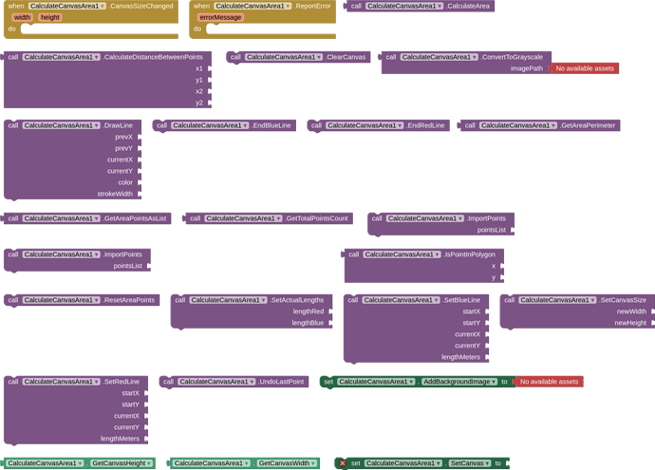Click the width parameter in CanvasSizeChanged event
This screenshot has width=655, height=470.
tap(22, 17)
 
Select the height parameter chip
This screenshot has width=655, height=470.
tap(50, 17)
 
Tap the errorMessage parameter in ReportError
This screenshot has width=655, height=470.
tap(221, 17)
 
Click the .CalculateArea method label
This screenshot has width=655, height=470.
tap(467, 6)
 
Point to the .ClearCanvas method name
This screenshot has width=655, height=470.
tap(346, 57)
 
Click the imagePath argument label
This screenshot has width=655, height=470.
tap(526, 68)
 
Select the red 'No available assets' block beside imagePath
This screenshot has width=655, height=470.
tap(585, 68)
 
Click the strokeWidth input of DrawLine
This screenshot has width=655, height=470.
tap(115, 194)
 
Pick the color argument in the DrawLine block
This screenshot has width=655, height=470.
tap(125, 182)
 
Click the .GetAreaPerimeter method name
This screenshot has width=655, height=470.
tap(587, 125)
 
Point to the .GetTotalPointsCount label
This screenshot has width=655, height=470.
tap(316, 218)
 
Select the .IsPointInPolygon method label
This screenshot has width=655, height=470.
tap(469, 254)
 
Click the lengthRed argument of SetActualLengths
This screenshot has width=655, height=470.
tap(309, 311)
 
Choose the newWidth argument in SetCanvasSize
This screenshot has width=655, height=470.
tap(631, 311)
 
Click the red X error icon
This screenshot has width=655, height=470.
tap(343, 463)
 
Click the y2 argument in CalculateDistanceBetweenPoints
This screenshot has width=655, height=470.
tap(199, 103)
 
